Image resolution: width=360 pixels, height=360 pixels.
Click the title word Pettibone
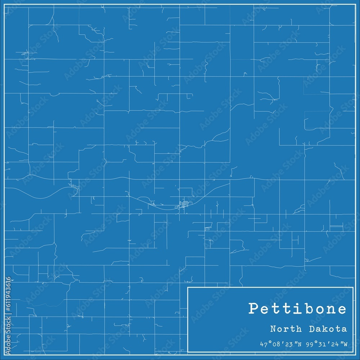(x=298, y=309)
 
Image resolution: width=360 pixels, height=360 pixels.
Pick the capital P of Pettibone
(x=254, y=309)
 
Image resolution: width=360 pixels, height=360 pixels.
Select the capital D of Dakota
(x=313, y=329)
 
